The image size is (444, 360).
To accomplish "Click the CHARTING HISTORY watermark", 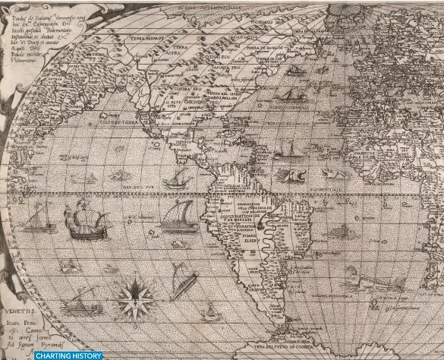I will click(68, 355).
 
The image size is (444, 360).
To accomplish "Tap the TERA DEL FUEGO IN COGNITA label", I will click(290, 346).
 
